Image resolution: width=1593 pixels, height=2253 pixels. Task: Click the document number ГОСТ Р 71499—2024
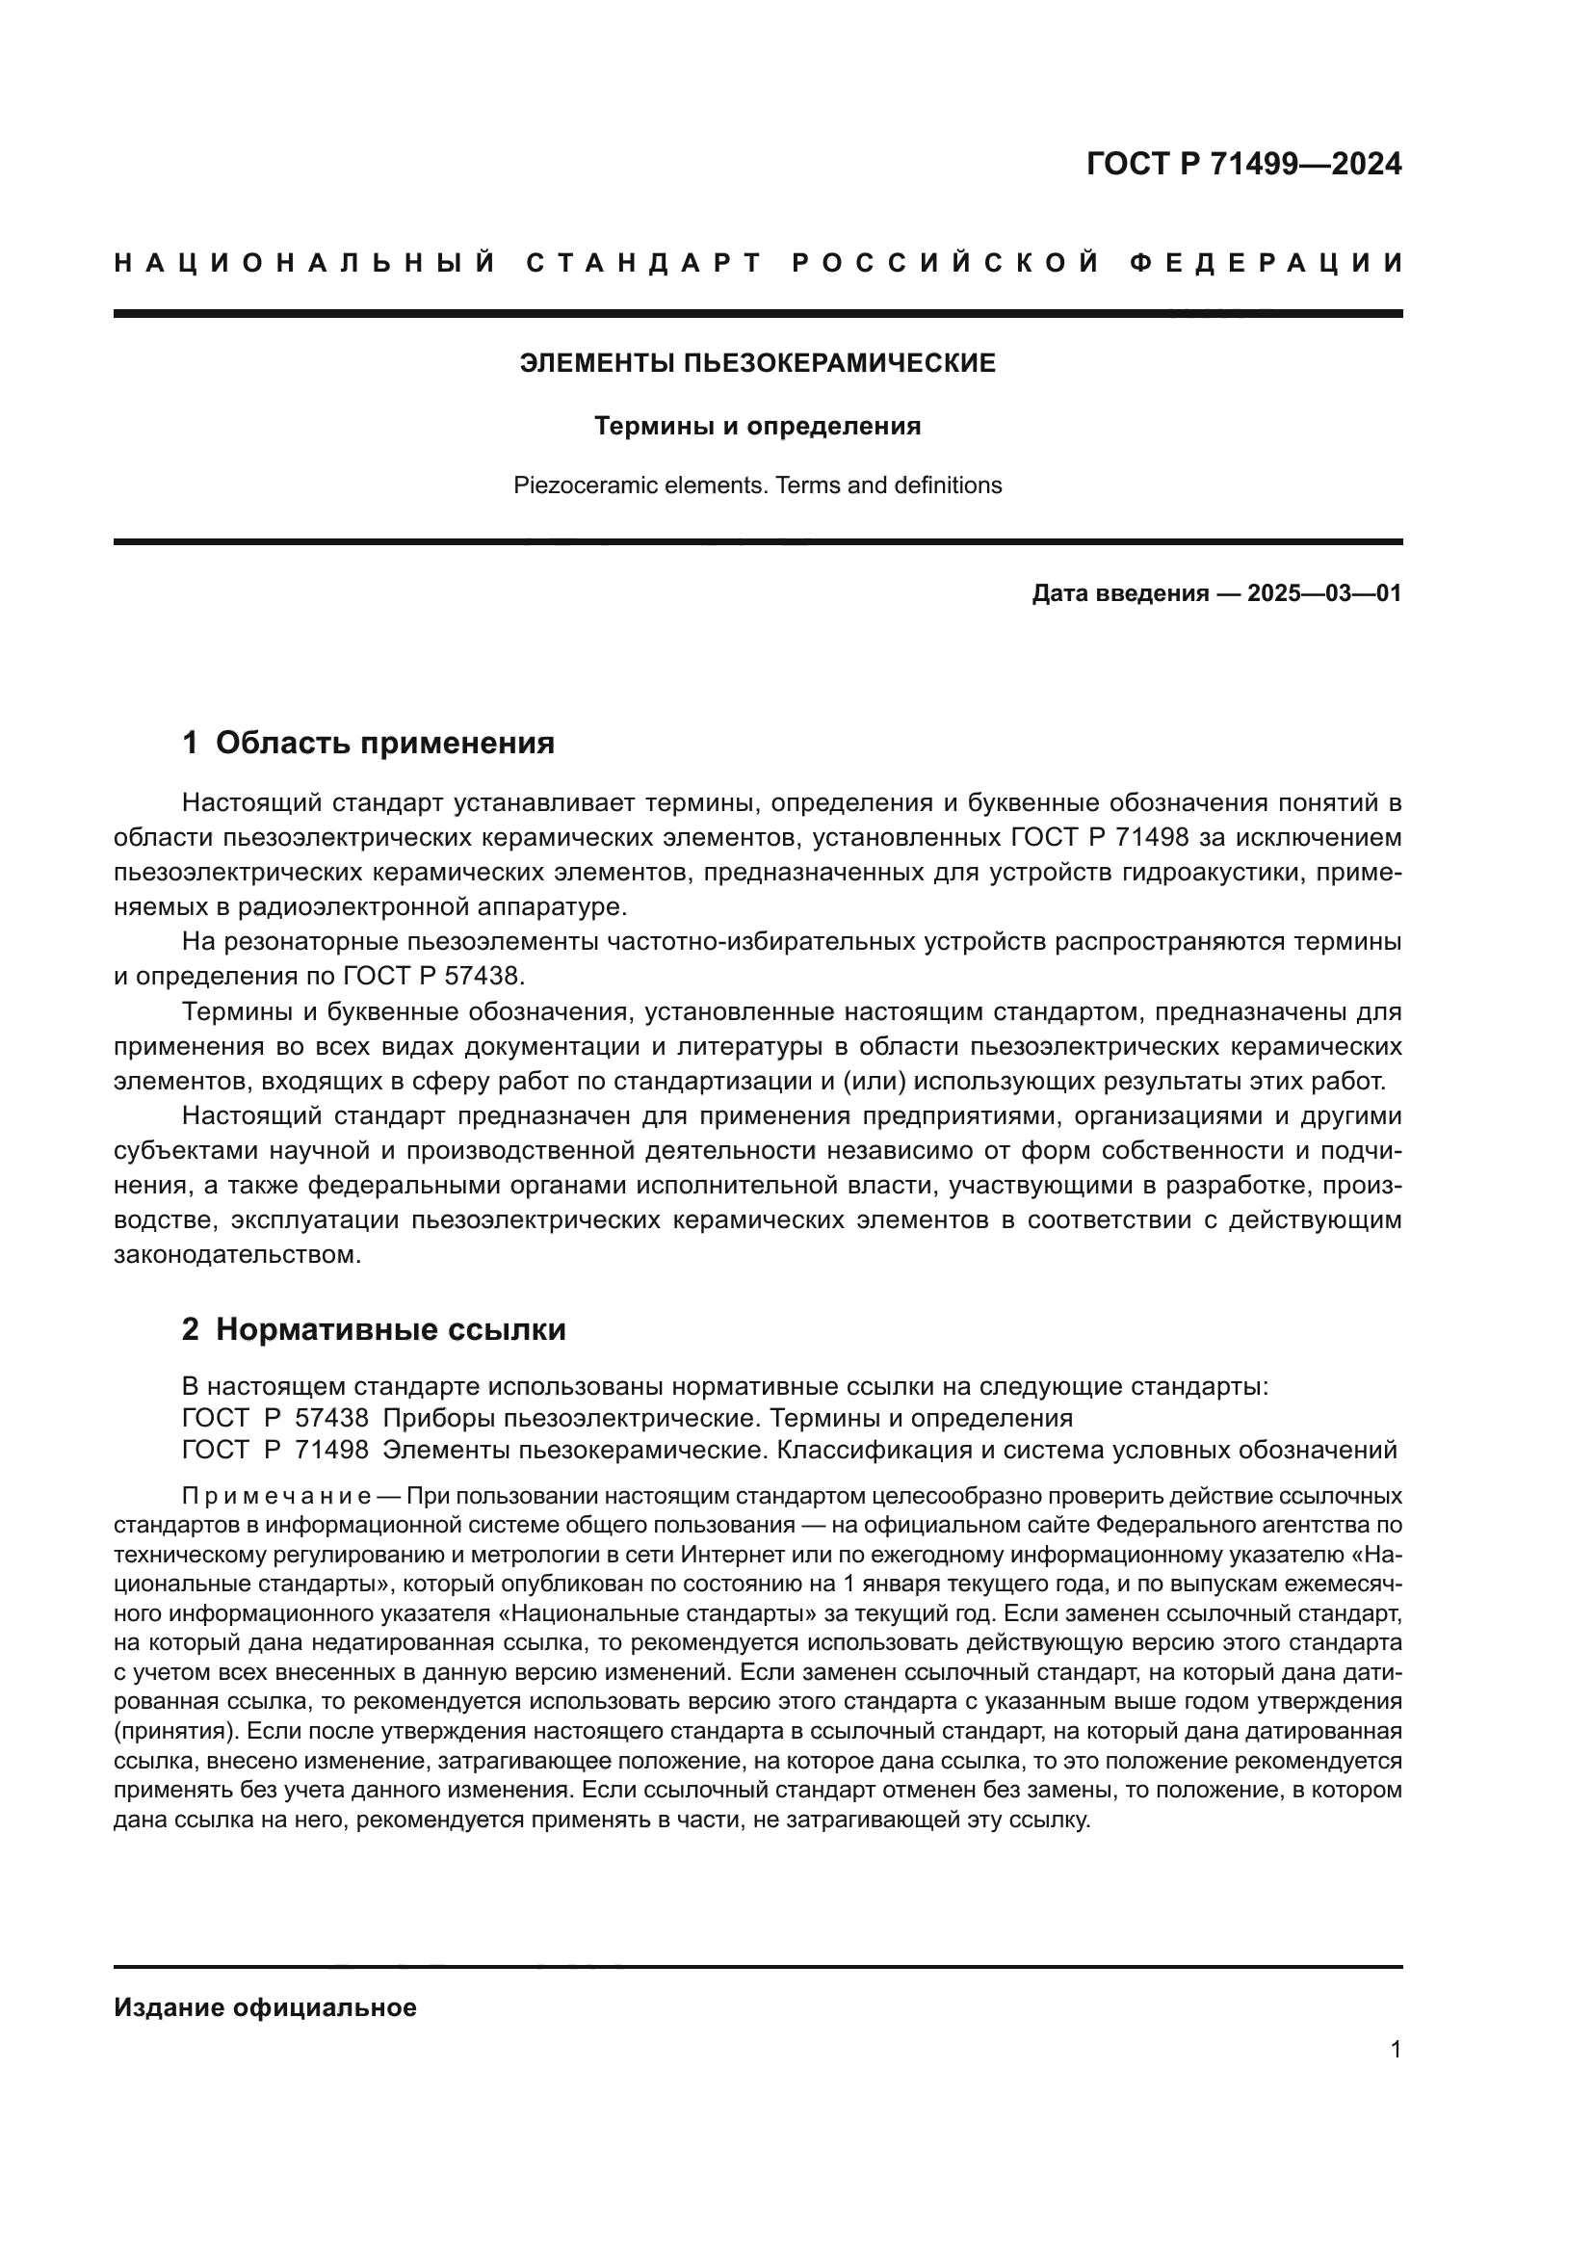pyautogui.click(x=1243, y=164)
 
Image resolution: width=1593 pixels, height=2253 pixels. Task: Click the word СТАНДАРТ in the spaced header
pyautogui.click(x=644, y=263)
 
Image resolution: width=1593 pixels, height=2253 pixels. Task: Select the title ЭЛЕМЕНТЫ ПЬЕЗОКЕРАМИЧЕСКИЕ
pyautogui.click(x=757, y=364)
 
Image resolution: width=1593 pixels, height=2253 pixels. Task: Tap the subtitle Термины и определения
pyautogui.click(x=757, y=427)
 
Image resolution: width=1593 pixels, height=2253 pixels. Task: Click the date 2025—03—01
pyautogui.click(x=1323, y=593)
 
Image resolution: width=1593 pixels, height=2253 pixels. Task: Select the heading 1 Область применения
pyautogui.click(x=368, y=743)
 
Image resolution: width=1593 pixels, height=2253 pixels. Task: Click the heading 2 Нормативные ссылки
pyautogui.click(x=374, y=1329)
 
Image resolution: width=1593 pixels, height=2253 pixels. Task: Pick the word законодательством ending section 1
pyautogui.click(x=237, y=1255)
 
